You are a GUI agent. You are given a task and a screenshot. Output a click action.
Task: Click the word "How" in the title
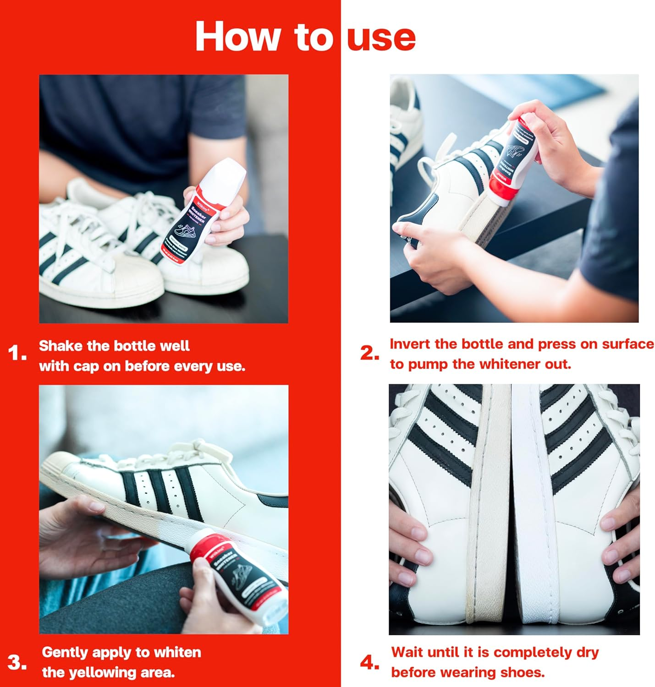coord(237,37)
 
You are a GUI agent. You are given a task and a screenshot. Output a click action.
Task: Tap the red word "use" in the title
coord(381,38)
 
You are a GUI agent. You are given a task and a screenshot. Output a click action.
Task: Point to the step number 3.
coord(17,662)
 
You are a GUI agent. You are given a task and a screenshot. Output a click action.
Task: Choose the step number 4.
coord(369,662)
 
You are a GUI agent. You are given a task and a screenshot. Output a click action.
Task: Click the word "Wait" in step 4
coord(408,652)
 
